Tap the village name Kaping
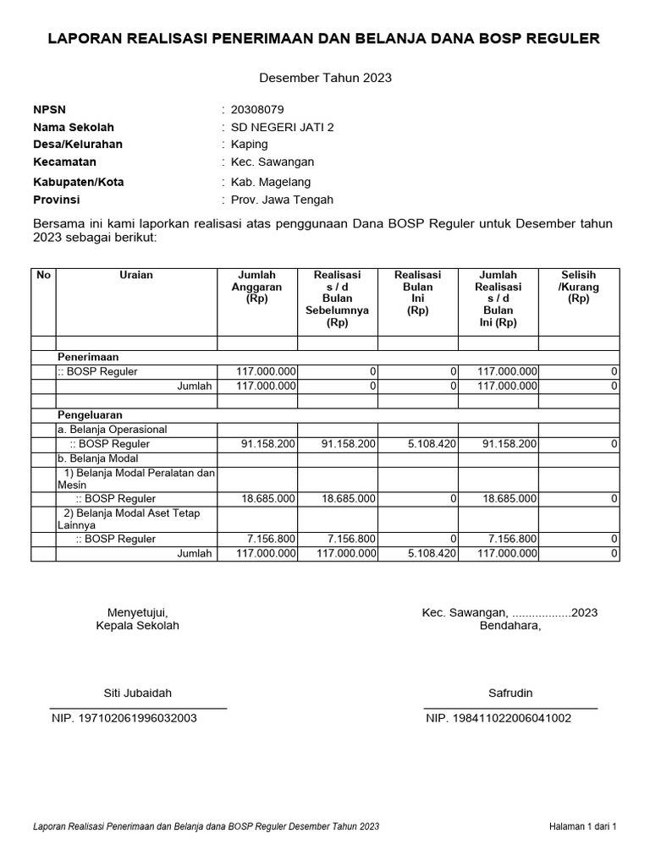click(x=250, y=145)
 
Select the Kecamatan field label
click(x=64, y=162)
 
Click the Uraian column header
click(x=136, y=275)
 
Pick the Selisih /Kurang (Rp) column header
click(x=578, y=287)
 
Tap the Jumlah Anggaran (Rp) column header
click(x=257, y=287)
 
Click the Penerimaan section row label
click(x=88, y=358)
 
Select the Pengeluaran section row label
click(x=90, y=415)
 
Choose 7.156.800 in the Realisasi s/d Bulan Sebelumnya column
click(x=349, y=539)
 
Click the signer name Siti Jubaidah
click(x=137, y=693)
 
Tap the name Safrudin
click(x=510, y=693)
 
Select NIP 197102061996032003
click(x=125, y=718)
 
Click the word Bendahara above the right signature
click(x=510, y=626)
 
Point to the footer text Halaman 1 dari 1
click(x=583, y=826)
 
